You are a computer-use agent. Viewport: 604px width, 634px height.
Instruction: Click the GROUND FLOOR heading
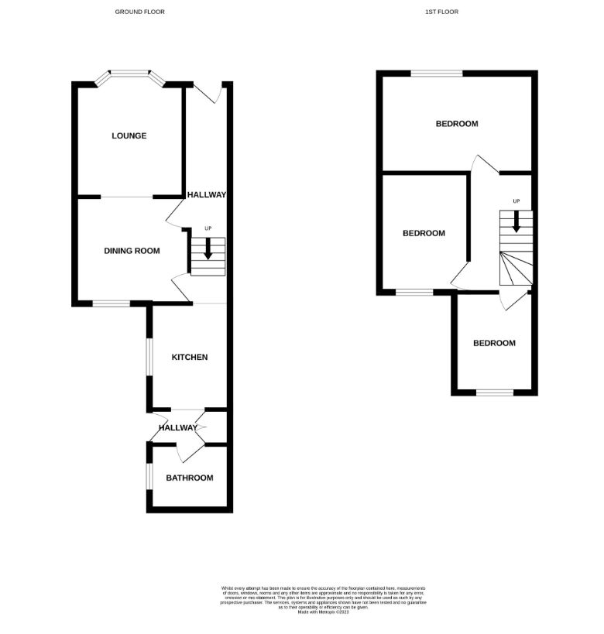139,12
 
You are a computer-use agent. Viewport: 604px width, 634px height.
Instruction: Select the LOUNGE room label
129,135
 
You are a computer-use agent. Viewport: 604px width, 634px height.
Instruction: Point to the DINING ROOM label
132,250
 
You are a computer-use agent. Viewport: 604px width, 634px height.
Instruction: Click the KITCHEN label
189,357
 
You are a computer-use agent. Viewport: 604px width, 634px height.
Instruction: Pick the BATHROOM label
189,478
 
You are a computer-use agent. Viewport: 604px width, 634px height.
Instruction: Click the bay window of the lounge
129,76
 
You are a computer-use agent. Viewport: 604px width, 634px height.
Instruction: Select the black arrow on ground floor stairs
208,249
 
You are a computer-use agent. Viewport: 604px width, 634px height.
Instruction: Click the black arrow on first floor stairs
516,221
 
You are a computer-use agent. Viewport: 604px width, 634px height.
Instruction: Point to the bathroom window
149,476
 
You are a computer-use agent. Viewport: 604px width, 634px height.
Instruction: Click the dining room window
112,303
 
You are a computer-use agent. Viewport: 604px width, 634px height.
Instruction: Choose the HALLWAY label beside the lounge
206,195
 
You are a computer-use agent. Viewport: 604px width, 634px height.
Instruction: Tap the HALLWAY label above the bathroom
178,427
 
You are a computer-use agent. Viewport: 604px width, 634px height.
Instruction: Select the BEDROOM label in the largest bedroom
456,123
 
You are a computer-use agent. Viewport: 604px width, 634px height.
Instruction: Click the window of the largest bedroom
436,74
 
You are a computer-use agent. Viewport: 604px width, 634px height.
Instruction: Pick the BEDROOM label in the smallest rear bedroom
494,343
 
